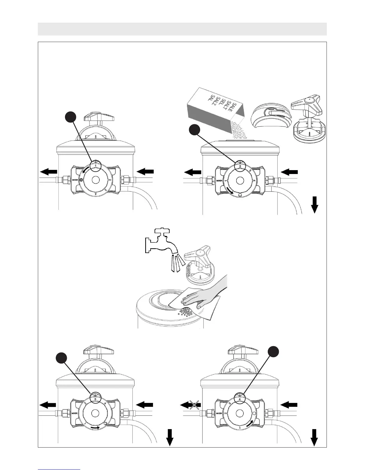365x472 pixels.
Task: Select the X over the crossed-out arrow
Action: click(x=194, y=405)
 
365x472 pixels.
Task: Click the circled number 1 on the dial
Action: click(x=95, y=165)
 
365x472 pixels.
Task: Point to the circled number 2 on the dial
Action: click(x=240, y=166)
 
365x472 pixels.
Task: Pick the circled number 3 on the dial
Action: click(x=95, y=399)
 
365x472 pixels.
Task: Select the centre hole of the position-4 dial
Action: click(x=240, y=413)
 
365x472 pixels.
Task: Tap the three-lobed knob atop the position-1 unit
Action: click(x=95, y=116)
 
